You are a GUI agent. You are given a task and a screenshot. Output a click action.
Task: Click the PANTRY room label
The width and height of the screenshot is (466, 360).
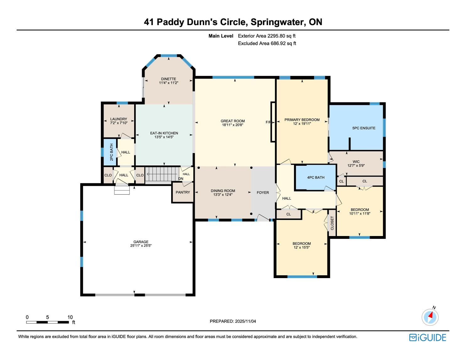[183, 192]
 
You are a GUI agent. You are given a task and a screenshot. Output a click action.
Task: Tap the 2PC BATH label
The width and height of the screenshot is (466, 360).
[111, 152]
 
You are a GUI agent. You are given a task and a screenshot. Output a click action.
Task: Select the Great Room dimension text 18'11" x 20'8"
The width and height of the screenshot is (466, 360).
[233, 125]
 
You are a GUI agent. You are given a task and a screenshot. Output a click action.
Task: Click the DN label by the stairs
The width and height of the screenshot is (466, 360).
[181, 179]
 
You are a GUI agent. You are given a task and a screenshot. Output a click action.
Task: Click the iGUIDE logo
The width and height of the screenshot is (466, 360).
[427, 337]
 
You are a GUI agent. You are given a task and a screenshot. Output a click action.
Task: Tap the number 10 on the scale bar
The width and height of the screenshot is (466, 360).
[70, 317]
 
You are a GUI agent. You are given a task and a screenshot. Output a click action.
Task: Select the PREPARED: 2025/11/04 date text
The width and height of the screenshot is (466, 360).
[233, 321]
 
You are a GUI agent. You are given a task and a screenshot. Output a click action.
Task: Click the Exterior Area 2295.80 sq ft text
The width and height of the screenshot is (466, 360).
[267, 36]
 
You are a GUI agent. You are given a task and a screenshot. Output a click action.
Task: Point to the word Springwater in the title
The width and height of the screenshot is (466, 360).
[278, 22]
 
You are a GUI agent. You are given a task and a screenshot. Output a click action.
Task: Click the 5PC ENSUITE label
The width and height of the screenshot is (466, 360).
[364, 128]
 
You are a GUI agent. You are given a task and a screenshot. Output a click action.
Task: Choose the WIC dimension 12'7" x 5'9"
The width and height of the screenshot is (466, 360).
[356, 165]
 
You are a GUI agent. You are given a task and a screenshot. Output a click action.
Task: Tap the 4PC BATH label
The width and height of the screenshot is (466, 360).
[316, 177]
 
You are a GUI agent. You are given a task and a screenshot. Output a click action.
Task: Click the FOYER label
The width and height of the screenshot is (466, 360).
[263, 193]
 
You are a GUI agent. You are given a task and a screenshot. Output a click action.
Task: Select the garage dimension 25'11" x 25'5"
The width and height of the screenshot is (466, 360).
[141, 245]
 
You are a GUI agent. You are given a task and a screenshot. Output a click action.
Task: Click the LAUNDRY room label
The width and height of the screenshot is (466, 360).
[119, 119]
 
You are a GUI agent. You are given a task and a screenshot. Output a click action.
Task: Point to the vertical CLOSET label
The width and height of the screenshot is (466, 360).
[332, 223]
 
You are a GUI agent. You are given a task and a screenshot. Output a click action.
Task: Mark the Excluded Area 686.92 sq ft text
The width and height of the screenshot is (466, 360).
[267, 44]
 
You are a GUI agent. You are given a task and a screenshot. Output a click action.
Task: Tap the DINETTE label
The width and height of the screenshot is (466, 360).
[169, 79]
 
